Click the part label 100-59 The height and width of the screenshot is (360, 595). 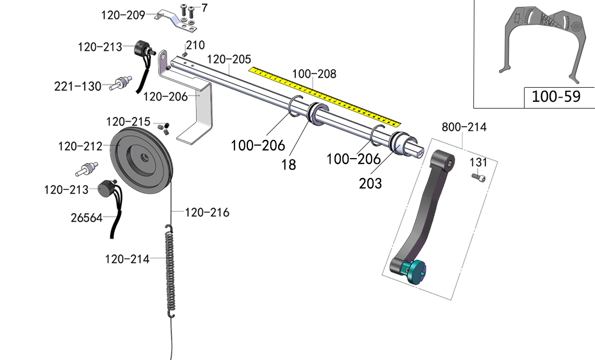tap(555, 97)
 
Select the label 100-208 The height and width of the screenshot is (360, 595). tap(314, 74)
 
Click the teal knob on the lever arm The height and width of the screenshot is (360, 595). tap(416, 270)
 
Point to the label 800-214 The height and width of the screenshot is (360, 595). tap(464, 127)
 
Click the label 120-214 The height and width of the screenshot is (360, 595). tap(127, 259)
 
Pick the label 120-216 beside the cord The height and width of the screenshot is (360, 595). tap(207, 212)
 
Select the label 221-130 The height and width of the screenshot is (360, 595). tap(78, 86)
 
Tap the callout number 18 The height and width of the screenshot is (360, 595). tap(289, 165)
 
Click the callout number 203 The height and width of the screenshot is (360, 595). tap(370, 183)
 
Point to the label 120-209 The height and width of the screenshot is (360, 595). tap(123, 15)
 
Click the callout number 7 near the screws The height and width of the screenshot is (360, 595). tap(204, 8)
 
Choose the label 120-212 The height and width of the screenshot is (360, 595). tap(80, 147)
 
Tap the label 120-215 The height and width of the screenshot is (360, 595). tap(128, 122)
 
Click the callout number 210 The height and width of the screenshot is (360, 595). tap(195, 45)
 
